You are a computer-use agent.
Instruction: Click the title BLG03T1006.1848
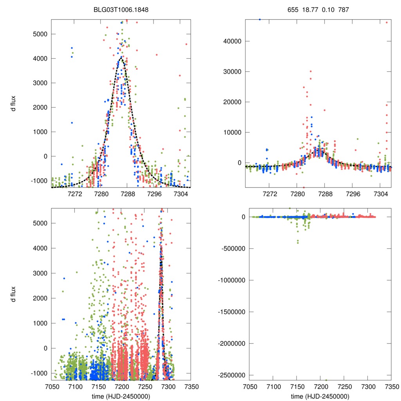coord(120,10)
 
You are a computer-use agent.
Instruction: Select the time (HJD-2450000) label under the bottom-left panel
coord(120,396)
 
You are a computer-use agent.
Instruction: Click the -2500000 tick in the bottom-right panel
coord(227,375)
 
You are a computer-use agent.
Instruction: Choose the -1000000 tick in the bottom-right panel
coord(227,280)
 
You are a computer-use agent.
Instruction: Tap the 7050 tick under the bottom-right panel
coord(250,387)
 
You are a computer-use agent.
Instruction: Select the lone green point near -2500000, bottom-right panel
coord(326,380)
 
